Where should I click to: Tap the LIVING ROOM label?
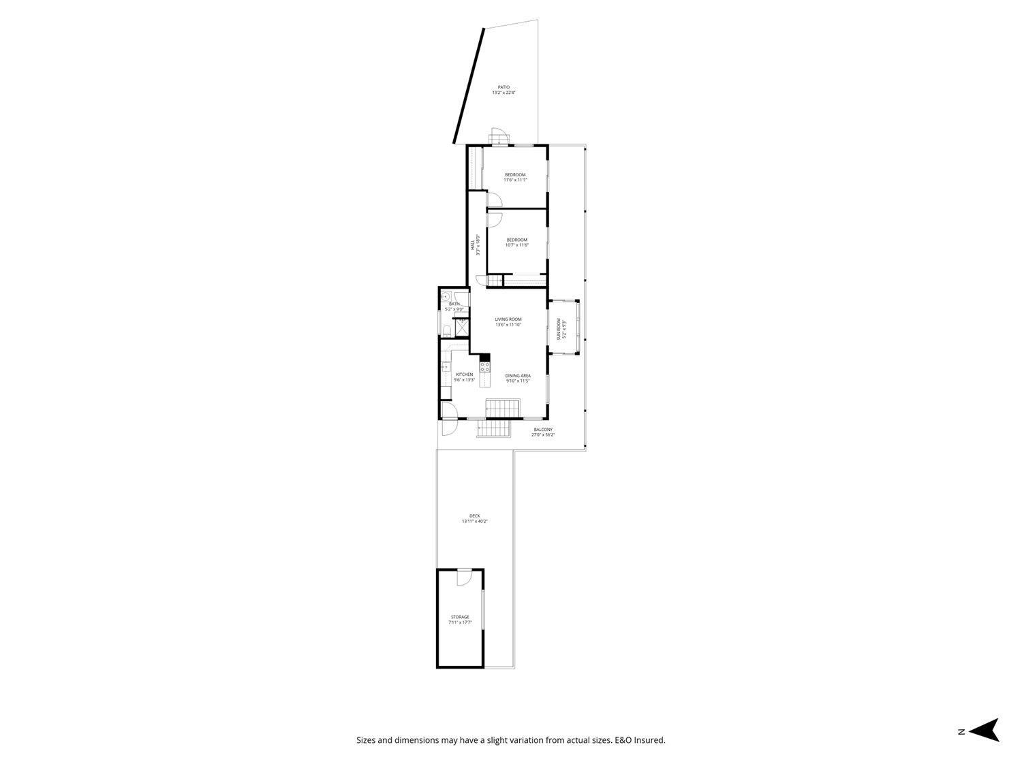click(x=508, y=322)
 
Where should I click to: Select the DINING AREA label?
click(x=518, y=378)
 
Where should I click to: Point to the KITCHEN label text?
click(x=465, y=377)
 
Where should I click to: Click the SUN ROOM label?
click(x=561, y=329)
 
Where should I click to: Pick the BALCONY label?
click(x=543, y=432)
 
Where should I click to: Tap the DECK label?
click(x=475, y=518)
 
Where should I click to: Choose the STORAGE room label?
click(x=460, y=620)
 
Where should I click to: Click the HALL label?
click(x=475, y=244)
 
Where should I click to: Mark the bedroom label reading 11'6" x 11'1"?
click(x=515, y=177)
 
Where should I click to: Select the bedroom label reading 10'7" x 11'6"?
click(x=516, y=242)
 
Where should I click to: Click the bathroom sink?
click(x=445, y=297)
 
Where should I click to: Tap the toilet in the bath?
click(x=445, y=332)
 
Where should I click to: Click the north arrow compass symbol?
click(x=984, y=730)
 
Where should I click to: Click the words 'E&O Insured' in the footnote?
click(x=640, y=740)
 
